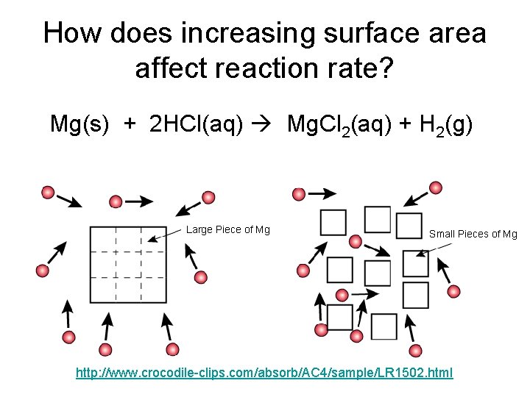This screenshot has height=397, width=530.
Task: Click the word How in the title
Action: (71, 34)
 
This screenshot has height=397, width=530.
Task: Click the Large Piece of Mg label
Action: (228, 230)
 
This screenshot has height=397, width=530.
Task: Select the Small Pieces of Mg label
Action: (473, 234)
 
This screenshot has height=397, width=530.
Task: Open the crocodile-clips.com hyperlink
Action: (265, 373)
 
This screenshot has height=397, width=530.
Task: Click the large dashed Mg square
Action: (127, 264)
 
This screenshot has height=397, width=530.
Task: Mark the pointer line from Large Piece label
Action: (165, 235)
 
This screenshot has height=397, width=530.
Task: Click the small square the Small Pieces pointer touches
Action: (415, 262)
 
